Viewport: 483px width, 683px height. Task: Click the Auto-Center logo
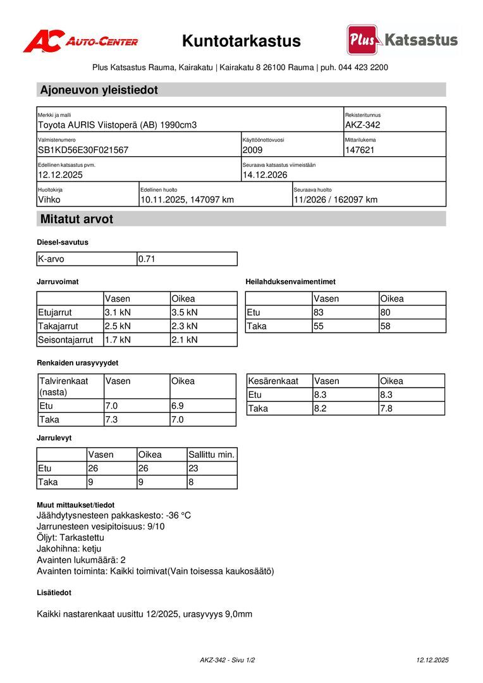tap(80, 41)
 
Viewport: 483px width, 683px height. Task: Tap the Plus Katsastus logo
tap(402, 40)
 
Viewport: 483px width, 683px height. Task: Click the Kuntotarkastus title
tap(241, 41)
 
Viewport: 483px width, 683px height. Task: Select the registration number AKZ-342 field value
tap(363, 125)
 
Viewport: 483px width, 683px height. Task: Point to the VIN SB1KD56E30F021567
tap(83, 150)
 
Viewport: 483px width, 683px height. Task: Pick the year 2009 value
tap(252, 150)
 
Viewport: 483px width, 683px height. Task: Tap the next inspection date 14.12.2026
tap(265, 175)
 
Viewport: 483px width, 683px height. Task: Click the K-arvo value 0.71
tap(147, 259)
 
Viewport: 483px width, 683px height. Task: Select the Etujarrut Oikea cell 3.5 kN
tap(185, 312)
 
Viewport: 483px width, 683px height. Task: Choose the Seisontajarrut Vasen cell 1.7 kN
tap(118, 340)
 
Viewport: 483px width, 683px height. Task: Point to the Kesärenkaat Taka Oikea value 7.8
tap(386, 409)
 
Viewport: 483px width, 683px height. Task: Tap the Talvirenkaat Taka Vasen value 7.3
tap(111, 419)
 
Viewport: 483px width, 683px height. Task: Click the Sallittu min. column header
tap(212, 455)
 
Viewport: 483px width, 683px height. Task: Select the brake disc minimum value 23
tap(193, 469)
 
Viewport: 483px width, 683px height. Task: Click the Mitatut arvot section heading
tap(76, 219)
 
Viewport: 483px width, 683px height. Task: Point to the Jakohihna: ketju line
tap(69, 548)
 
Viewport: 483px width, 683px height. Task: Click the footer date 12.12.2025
tap(432, 660)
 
